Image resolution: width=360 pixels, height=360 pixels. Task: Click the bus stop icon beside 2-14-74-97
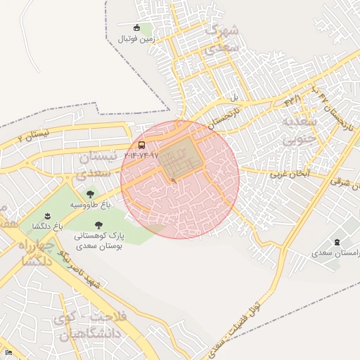(x=142, y=146)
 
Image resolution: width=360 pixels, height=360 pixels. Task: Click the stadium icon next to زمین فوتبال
(x=146, y=27)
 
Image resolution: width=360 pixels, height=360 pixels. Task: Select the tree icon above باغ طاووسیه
(x=90, y=193)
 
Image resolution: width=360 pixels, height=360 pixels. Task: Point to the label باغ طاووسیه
(x=90, y=205)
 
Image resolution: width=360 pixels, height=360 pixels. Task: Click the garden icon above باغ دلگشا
(x=47, y=215)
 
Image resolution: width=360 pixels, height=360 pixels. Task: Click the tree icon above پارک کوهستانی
(x=97, y=225)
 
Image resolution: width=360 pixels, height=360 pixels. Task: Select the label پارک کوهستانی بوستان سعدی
(x=98, y=242)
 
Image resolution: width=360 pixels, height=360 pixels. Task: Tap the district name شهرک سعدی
(x=222, y=39)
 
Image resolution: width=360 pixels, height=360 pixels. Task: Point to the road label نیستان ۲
(x=35, y=134)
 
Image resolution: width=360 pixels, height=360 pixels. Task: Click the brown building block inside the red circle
(x=179, y=159)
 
